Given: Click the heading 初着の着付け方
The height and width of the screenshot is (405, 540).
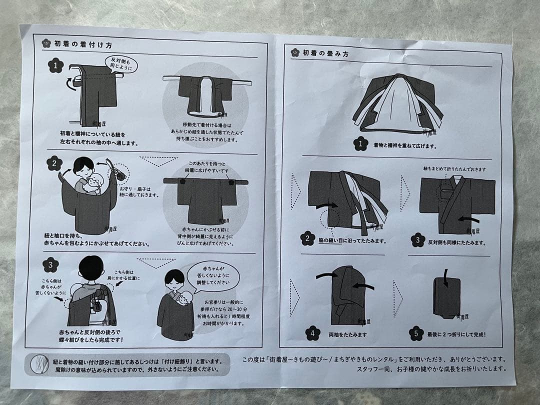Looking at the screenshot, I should point(79,43).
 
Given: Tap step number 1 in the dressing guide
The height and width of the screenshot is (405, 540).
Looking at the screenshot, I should point(55,65).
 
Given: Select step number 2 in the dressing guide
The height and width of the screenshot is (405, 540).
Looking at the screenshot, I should point(55,163).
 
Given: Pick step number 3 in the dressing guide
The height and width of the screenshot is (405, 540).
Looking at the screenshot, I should point(50,264).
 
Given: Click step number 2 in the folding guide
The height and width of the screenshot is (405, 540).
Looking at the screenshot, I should point(308,239).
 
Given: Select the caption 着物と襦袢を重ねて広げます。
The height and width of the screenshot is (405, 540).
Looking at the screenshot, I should point(405,146).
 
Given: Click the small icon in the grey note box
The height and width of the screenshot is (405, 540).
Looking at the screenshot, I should point(38,364).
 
